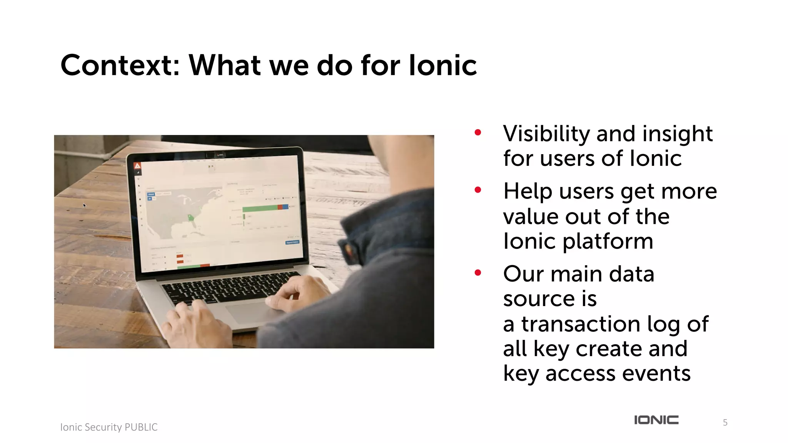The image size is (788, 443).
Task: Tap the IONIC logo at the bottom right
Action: click(656, 420)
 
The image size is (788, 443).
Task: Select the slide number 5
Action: click(725, 423)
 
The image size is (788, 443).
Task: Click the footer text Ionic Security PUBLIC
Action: click(109, 427)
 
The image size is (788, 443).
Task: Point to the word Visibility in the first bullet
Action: click(546, 134)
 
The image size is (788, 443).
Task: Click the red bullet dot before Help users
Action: click(478, 190)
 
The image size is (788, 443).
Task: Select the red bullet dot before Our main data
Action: click(478, 273)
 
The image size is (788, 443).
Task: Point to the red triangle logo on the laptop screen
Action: click(137, 166)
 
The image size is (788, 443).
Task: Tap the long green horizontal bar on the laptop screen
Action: click(260, 208)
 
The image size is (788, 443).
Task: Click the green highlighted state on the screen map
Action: click(191, 218)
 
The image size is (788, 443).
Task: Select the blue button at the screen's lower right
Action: click(292, 242)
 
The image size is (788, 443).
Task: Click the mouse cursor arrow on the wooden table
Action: click(85, 206)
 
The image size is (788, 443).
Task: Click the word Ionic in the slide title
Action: click(442, 65)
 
